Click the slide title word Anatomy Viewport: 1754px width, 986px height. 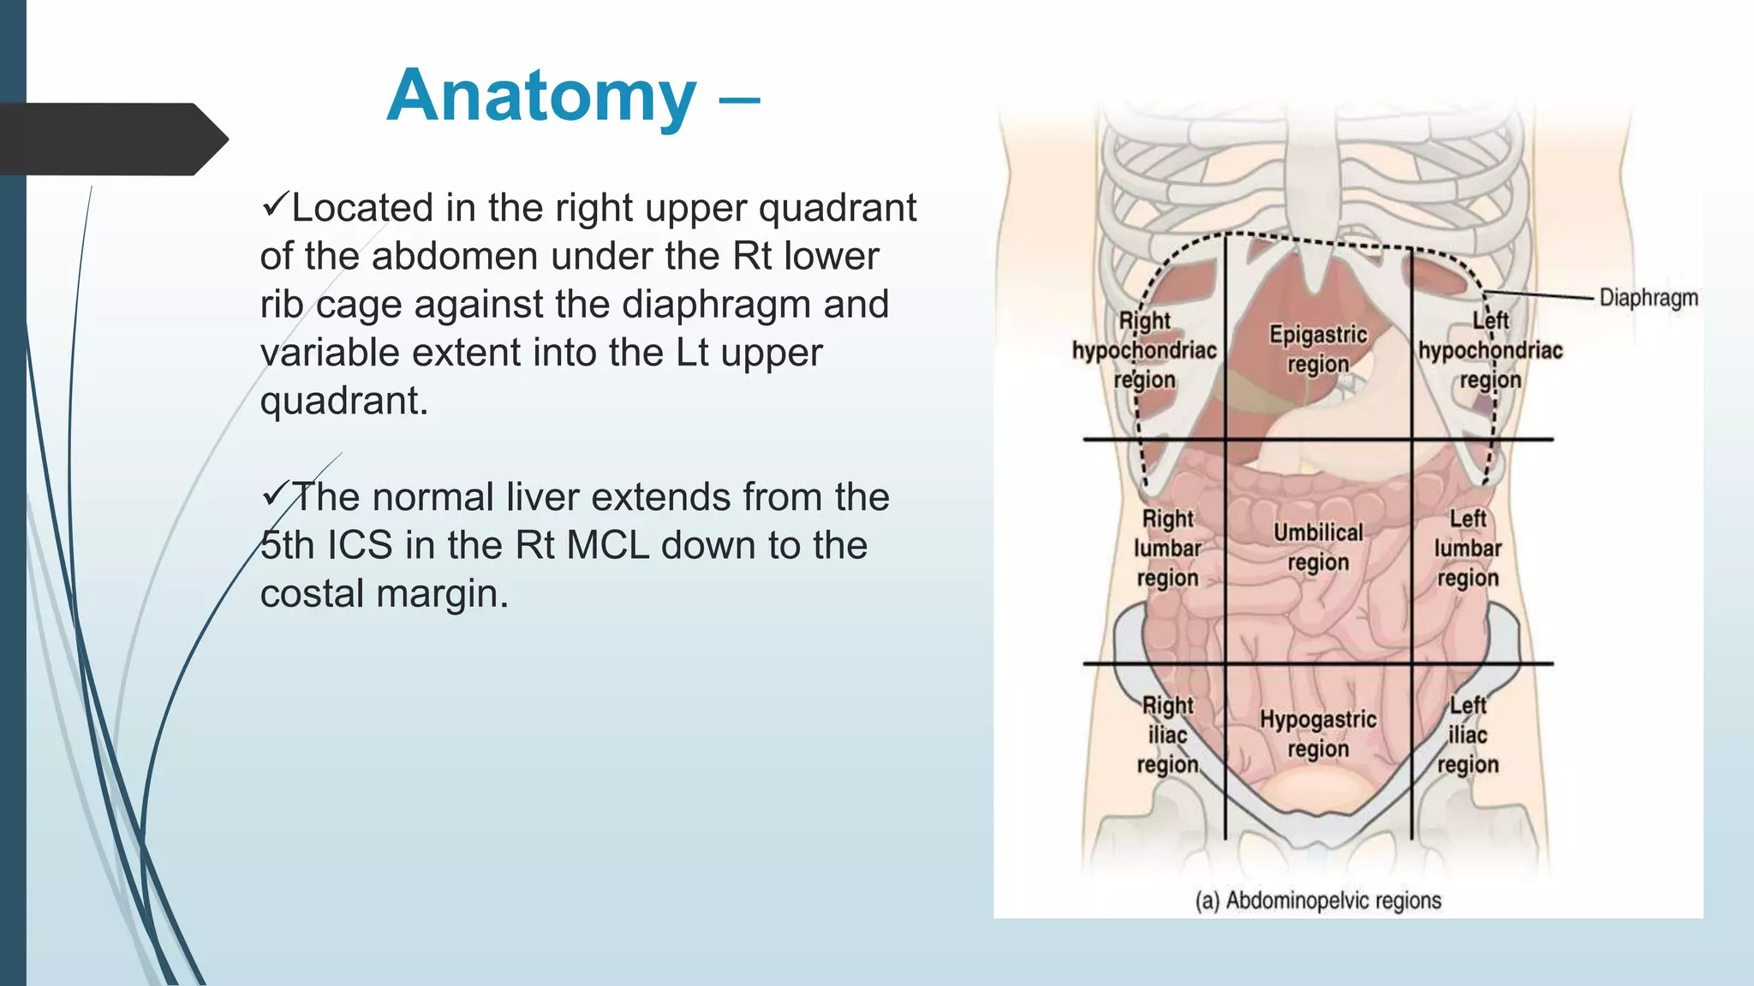pyautogui.click(x=541, y=96)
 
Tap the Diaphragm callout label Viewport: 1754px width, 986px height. pyautogui.click(x=1648, y=298)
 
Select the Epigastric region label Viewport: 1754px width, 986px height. pyautogui.click(x=1318, y=349)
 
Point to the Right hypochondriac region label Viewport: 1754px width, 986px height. pyautogui.click(x=1144, y=350)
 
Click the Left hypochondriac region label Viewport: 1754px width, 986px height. pyautogui.click(x=1490, y=350)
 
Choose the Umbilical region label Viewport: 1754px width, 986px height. pyautogui.click(x=1318, y=548)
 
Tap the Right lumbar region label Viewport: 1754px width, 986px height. pyautogui.click(x=1167, y=548)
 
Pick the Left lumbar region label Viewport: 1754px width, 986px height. pyautogui.click(x=1468, y=548)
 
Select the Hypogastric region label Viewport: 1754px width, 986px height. pyautogui.click(x=1318, y=734)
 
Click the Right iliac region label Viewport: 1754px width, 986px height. pyautogui.click(x=1167, y=734)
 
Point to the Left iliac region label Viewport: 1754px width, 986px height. pyautogui.click(x=1468, y=734)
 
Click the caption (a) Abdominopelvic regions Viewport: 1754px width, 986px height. pyautogui.click(x=1318, y=900)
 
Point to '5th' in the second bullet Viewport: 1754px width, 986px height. pyautogui.click(x=288, y=545)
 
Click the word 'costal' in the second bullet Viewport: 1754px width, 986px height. pyautogui.click(x=312, y=594)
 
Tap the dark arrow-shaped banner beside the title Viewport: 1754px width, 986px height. pyautogui.click(x=111, y=139)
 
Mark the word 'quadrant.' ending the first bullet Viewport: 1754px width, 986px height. pyautogui.click(x=344, y=401)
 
